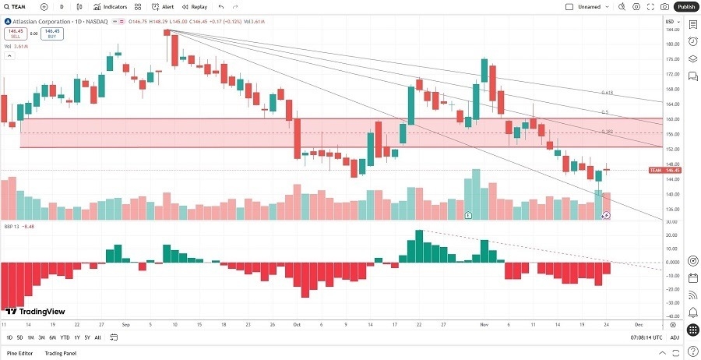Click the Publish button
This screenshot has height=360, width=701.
pyautogui.click(x=686, y=6)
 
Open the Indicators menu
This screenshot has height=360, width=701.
pyautogui.click(x=111, y=6)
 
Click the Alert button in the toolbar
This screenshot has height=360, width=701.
pyautogui.click(x=163, y=6)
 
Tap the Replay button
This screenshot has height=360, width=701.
pyautogui.click(x=196, y=6)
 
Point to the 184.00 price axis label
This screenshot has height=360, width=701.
pyautogui.click(x=672, y=30)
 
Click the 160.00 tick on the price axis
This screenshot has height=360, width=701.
pyautogui.click(x=672, y=119)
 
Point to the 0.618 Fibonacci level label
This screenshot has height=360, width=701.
pyautogui.click(x=607, y=93)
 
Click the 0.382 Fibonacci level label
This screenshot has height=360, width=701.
pyautogui.click(x=607, y=131)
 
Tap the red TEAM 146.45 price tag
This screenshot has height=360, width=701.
pyautogui.click(x=666, y=170)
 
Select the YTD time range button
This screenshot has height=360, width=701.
pyautogui.click(x=65, y=337)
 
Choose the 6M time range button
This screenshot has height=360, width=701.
pyautogui.click(x=53, y=337)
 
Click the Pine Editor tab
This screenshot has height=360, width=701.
pyautogui.click(x=20, y=353)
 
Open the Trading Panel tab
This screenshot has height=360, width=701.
pyautogui.click(x=65, y=353)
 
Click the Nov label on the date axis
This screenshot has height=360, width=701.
pyautogui.click(x=484, y=322)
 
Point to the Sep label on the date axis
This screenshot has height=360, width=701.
pyautogui.click(x=126, y=322)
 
